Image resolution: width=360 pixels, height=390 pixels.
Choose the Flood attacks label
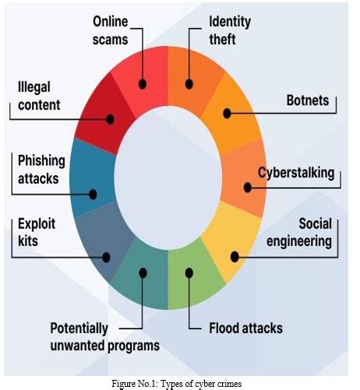click(245, 327)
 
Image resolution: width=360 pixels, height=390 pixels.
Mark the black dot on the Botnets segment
click(227, 114)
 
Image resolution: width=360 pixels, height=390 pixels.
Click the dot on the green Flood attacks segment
click(189, 272)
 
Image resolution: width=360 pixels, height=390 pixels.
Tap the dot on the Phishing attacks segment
click(93, 195)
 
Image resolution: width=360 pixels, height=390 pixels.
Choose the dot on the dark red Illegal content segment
click(110, 120)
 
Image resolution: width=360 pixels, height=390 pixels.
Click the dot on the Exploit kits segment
click(107, 255)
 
